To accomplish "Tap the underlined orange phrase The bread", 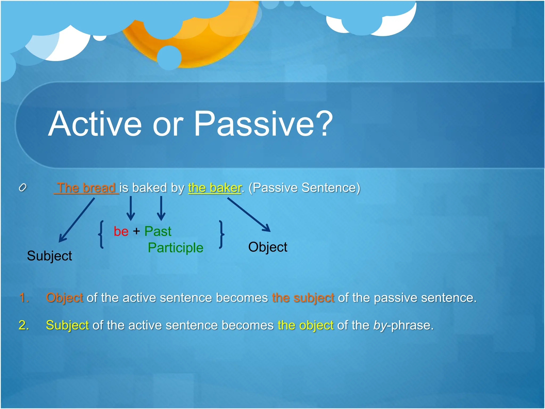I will tap(86, 188).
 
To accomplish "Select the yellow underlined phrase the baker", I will tap(214, 188).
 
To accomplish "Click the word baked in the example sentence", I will tap(149, 188).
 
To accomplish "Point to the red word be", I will tap(121, 231).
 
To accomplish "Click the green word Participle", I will tap(175, 248).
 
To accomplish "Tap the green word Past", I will tap(158, 231).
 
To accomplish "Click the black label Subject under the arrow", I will tap(49, 256).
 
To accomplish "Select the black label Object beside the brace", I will tap(267, 247).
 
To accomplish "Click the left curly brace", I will tap(101, 234).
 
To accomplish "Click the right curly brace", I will tap(221, 234).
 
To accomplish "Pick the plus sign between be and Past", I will tap(136, 231).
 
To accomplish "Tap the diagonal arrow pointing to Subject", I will tap(77, 220).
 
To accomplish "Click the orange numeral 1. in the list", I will tap(24, 297).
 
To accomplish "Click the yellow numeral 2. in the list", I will tap(24, 325).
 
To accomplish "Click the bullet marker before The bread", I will tap(23, 188).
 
